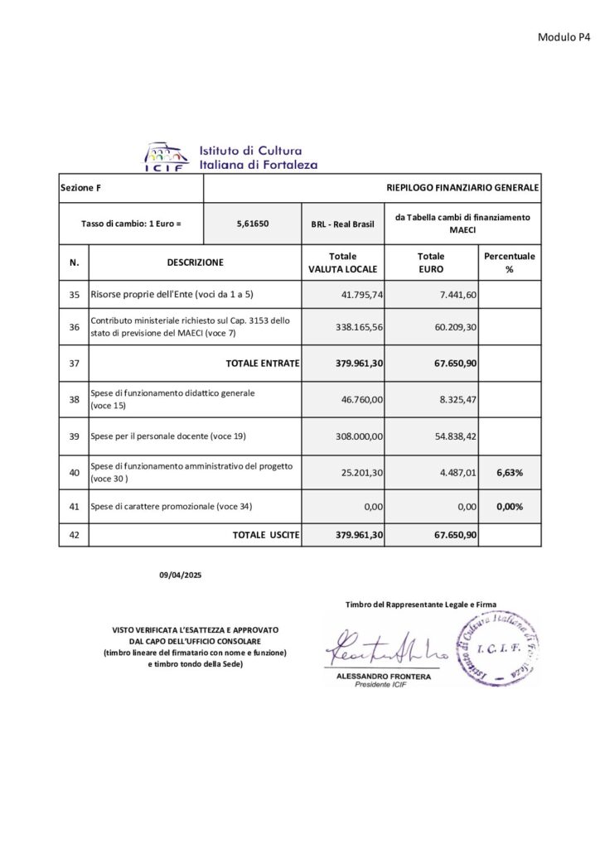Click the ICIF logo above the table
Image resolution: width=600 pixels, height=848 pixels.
(x=167, y=156)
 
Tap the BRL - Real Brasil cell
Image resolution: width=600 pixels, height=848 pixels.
(x=343, y=224)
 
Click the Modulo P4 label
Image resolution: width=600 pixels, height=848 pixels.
(x=564, y=36)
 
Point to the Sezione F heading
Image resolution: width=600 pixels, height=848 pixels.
(x=81, y=189)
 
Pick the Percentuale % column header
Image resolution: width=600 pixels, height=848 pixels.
(x=510, y=263)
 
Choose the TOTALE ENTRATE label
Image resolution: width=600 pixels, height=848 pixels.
(x=263, y=363)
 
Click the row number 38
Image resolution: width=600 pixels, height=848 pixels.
(x=74, y=399)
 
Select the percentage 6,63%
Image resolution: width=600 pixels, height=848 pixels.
(x=510, y=471)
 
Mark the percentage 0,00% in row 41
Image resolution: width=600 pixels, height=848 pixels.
(x=510, y=506)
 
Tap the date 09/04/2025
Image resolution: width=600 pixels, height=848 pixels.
(x=181, y=574)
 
